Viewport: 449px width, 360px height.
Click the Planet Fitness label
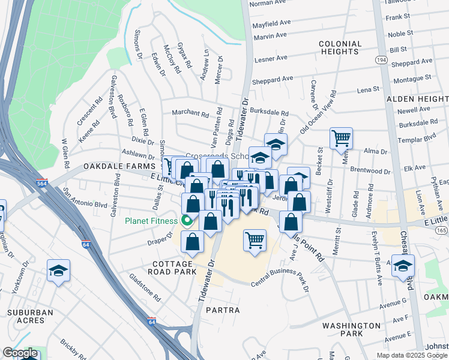click(151, 221)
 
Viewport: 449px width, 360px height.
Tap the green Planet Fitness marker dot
click(187, 221)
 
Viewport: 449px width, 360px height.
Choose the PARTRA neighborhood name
click(223, 310)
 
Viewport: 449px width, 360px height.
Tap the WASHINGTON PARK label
click(351, 329)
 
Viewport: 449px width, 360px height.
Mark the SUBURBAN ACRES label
click(30, 316)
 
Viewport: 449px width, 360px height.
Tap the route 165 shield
click(442, 230)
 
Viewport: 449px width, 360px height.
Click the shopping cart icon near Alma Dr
click(341, 138)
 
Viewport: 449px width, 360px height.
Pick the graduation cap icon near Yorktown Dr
click(58, 271)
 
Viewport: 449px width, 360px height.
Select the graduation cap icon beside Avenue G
click(403, 266)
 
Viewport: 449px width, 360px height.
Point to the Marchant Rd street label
click(190, 113)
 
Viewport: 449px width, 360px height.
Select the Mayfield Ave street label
click(271, 23)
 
